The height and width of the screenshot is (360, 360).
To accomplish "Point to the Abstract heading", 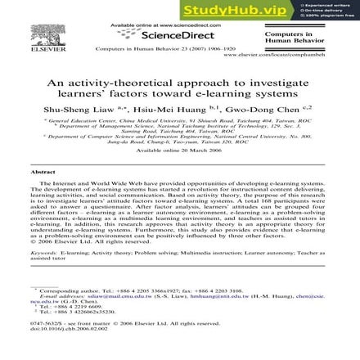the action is [42, 173].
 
